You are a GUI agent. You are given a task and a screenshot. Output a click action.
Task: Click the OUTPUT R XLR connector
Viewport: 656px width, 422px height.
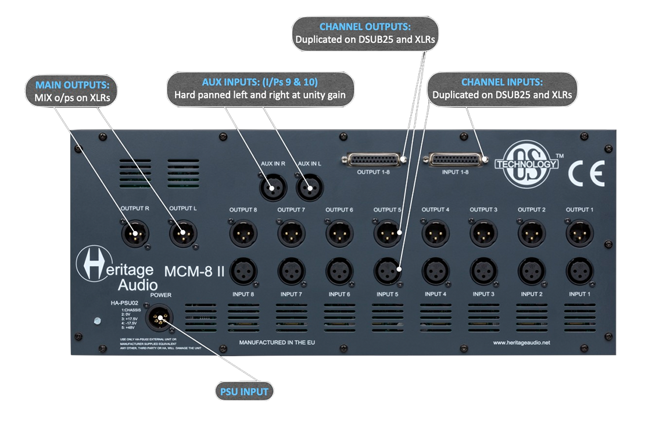click(x=135, y=234)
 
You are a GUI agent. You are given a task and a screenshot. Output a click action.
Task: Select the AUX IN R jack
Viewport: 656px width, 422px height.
click(x=271, y=187)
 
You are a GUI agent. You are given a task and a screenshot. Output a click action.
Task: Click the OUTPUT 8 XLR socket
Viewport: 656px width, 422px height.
click(x=243, y=234)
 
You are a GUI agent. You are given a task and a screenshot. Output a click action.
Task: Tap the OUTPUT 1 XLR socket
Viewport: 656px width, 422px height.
click(x=579, y=234)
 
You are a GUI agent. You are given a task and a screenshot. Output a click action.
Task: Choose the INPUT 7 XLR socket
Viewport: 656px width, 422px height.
click(x=291, y=270)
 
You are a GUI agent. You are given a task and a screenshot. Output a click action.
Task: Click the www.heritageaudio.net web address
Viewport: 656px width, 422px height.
click(x=521, y=343)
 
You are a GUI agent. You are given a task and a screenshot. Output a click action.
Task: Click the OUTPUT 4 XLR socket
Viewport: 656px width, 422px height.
click(x=435, y=234)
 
